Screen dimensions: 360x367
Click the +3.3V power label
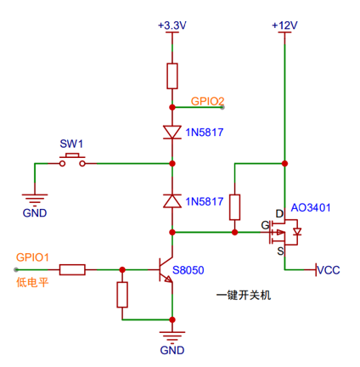[x=172, y=25]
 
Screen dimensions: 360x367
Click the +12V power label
[x=284, y=25]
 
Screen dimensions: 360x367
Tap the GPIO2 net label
[x=207, y=101]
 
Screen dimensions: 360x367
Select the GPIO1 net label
[x=32, y=257]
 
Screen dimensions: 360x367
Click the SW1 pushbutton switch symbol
[x=72, y=161]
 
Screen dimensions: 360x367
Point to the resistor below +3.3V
[x=172, y=76]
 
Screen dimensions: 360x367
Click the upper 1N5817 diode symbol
[x=172, y=133]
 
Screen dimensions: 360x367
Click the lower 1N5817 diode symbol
[x=172, y=201]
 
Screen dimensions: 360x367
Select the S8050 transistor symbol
[x=166, y=270]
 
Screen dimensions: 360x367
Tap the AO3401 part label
[x=311, y=208]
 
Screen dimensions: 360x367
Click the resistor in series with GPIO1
[x=72, y=270]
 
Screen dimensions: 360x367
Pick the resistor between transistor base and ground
[x=122, y=295]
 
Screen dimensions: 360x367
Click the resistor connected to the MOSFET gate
[x=234, y=207]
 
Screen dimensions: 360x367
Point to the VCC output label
[x=329, y=270]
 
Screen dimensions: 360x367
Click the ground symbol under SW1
[x=35, y=200]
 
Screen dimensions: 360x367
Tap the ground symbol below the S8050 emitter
[x=172, y=337]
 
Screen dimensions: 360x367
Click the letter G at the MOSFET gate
[x=265, y=225]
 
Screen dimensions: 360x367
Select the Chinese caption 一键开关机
[x=244, y=295]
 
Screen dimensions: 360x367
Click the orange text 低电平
[x=32, y=282]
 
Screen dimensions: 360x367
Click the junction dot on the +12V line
[x=284, y=163]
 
